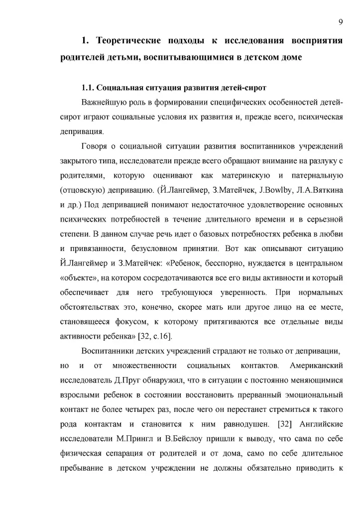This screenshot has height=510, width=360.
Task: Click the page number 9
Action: point(340,21)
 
